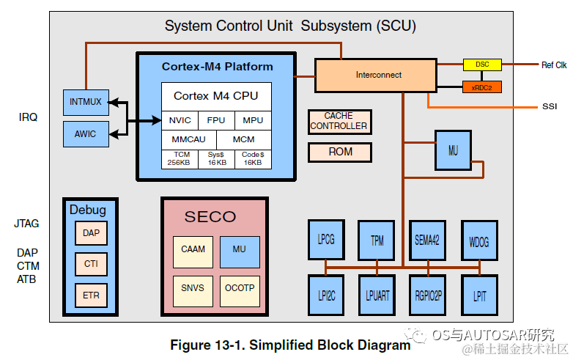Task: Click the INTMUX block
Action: coord(86,103)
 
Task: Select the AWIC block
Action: coord(86,134)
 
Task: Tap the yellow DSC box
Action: coord(482,65)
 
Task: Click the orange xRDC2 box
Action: coord(481,87)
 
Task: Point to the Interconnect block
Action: coord(376,76)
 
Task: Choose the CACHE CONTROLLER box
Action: coord(340,122)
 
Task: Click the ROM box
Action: coord(340,152)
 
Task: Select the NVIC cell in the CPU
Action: coord(180,120)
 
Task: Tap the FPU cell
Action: coord(216,120)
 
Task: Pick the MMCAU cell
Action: coord(189,139)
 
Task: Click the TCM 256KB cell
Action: coord(180,159)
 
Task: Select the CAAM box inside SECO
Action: coord(193,252)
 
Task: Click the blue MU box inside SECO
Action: coord(240,252)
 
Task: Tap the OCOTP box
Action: coord(240,291)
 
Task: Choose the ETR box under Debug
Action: coord(91,295)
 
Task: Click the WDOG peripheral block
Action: coord(479,240)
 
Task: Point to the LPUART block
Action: coord(377,295)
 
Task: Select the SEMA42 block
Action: coord(428,240)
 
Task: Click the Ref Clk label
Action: coord(554,65)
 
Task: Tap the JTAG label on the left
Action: coord(26,224)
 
